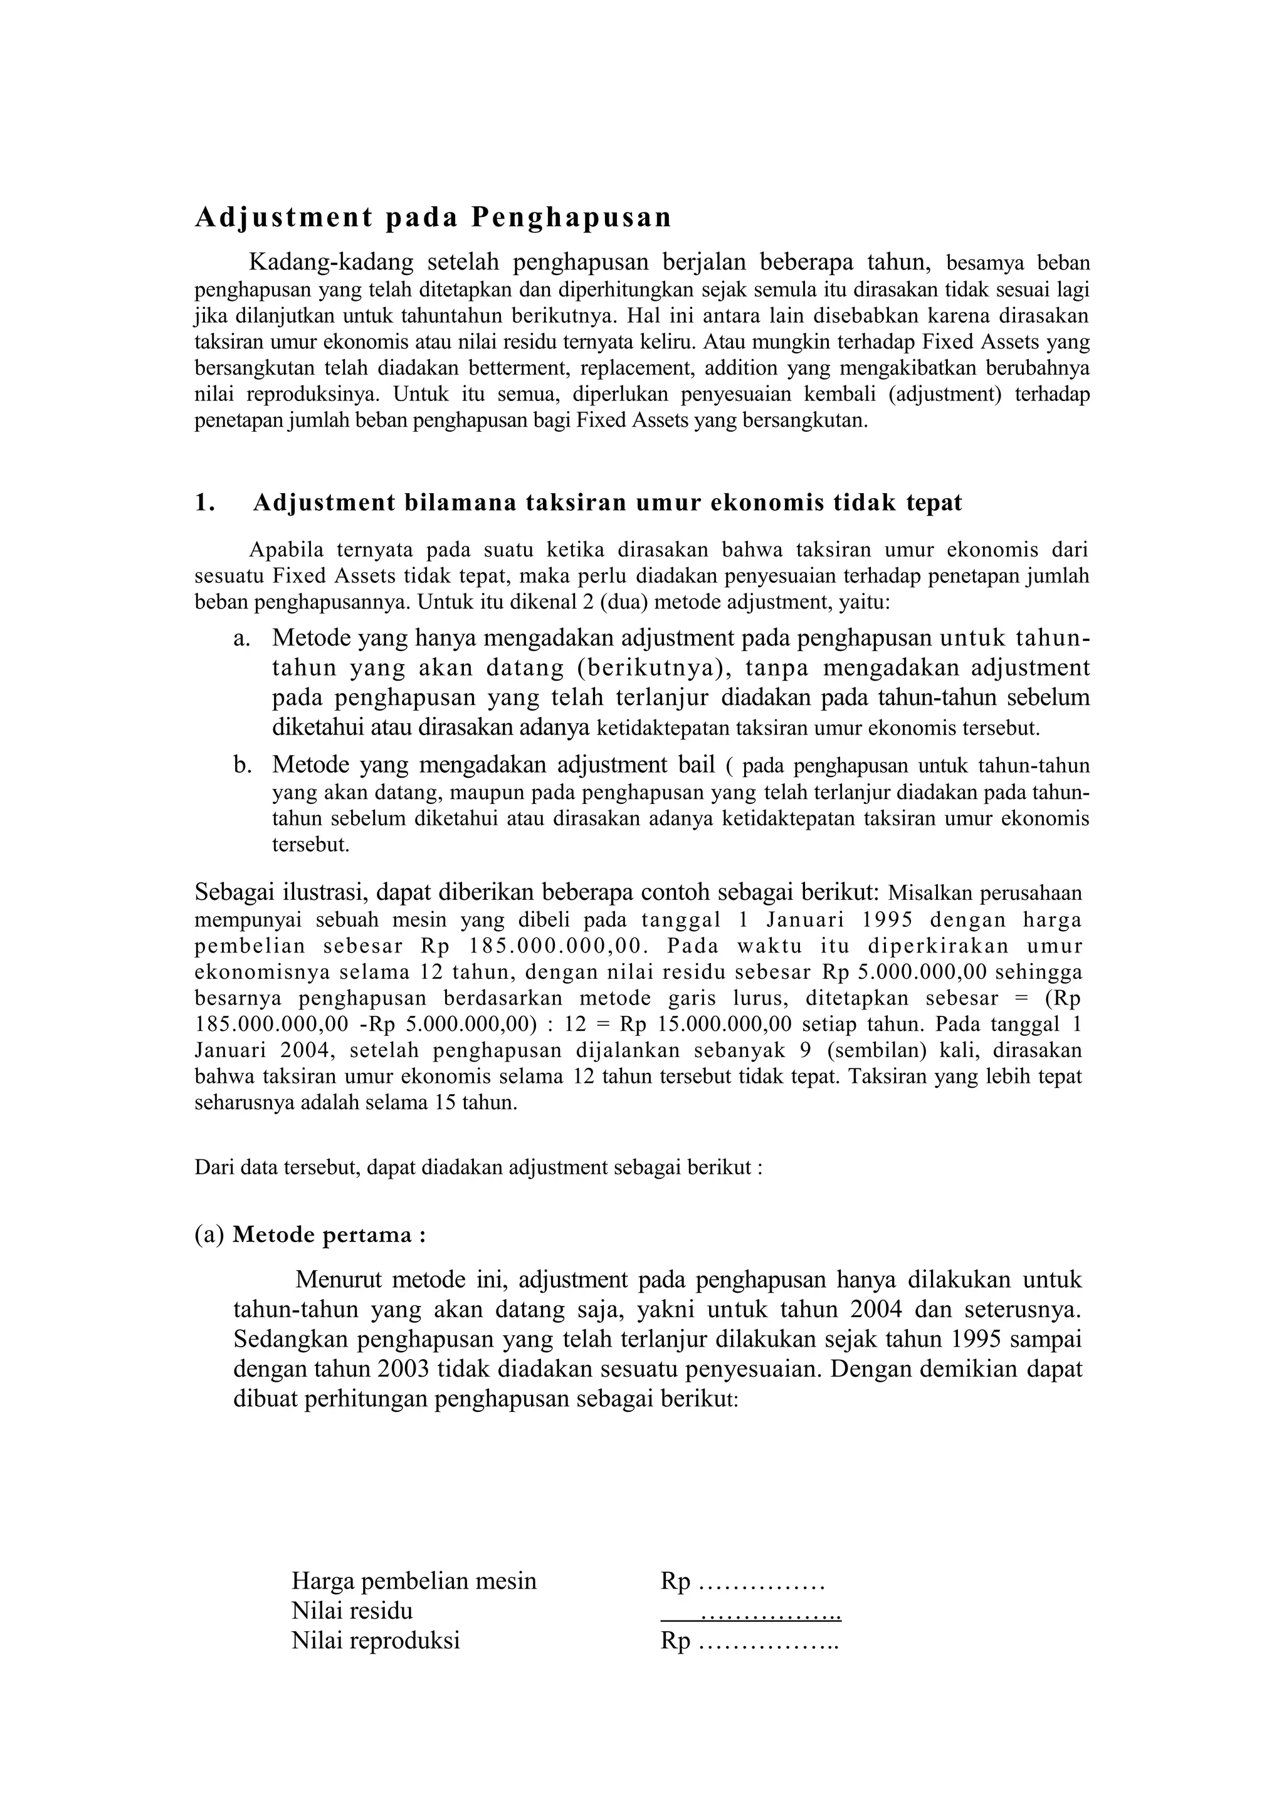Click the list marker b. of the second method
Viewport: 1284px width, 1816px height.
[241, 766]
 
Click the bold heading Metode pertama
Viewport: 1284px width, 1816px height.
[329, 1236]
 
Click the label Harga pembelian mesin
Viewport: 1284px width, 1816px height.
[414, 1581]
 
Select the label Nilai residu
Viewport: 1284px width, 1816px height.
[352, 1611]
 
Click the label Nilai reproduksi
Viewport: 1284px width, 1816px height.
[376, 1641]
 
